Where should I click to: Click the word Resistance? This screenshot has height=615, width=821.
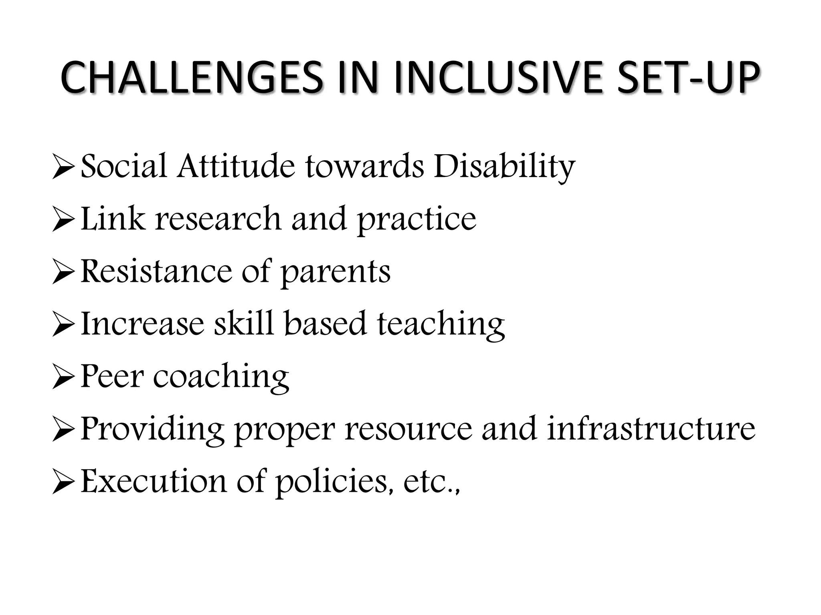[x=156, y=271]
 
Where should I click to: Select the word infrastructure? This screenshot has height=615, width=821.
[x=651, y=429]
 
